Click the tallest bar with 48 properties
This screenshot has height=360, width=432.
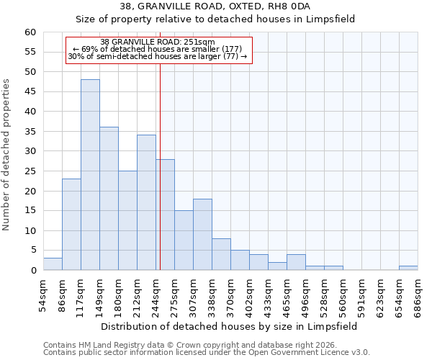click(90, 175)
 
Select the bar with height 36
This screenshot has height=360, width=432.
click(109, 199)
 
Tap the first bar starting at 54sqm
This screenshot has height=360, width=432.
click(53, 264)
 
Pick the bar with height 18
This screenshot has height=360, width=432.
click(202, 235)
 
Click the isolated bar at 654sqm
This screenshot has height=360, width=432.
click(408, 269)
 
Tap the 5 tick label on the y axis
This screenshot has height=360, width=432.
click(32, 251)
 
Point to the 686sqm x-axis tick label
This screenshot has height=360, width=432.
click(418, 295)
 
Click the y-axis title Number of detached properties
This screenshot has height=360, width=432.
click(7, 155)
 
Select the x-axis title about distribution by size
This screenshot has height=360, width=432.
click(229, 326)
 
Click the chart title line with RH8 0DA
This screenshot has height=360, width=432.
click(215, 6)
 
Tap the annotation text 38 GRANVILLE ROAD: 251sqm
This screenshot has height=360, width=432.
click(158, 42)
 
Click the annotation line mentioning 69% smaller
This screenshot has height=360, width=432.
click(158, 49)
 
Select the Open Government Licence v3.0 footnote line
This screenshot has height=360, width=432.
click(207, 353)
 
